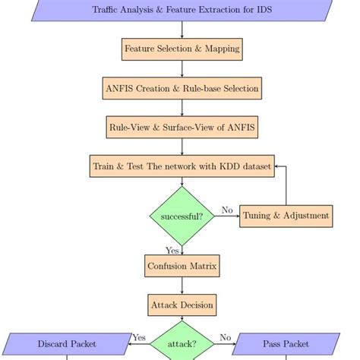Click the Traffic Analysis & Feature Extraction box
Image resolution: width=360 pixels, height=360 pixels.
[x=182, y=10]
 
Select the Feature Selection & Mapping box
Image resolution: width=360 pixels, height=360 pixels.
[x=182, y=49]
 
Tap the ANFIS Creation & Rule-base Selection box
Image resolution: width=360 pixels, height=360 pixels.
[x=182, y=88]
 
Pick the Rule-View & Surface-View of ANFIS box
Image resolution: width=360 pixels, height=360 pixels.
[x=182, y=127]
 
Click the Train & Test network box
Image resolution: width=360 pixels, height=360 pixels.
[x=182, y=166]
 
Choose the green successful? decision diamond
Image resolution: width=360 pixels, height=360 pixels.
[x=182, y=216]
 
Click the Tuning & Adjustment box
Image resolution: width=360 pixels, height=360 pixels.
[x=286, y=216]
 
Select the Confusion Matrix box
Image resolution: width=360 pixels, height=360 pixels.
[x=182, y=266]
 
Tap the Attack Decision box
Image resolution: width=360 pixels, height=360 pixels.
[x=182, y=305]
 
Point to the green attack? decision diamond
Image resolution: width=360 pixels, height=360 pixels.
[x=182, y=344]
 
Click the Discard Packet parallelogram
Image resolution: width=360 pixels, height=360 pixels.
[x=68, y=344]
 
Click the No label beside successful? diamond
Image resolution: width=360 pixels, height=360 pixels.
[x=226, y=210]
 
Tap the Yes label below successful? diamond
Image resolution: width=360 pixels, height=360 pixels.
[x=172, y=251]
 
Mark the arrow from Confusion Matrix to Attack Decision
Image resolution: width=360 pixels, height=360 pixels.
[x=182, y=286]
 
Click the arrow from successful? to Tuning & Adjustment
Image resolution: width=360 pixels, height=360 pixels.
[x=226, y=216]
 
